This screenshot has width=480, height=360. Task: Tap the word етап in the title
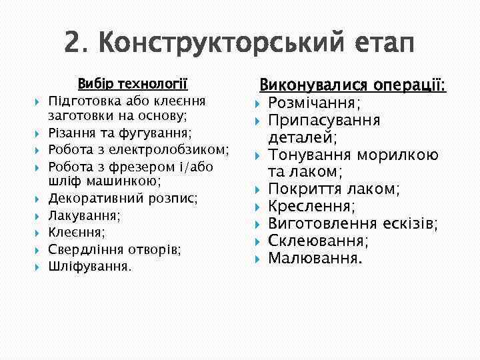(381, 44)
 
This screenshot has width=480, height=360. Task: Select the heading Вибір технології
(133, 85)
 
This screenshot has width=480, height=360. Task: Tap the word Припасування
(324, 121)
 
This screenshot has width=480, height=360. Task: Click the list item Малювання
(315, 257)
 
